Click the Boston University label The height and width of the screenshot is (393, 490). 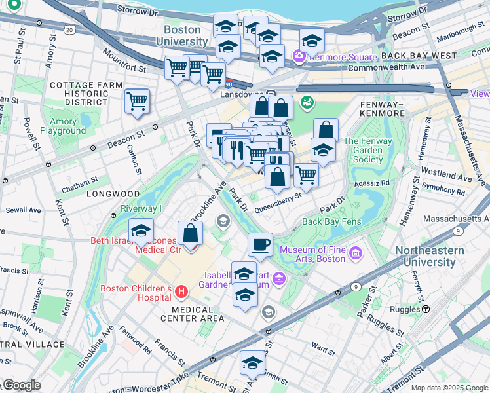pyautogui.click(x=181, y=35)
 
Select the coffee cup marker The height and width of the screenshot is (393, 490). pyautogui.click(x=260, y=245)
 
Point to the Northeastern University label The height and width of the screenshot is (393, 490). pyautogui.click(x=430, y=257)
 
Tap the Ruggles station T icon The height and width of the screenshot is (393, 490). pyautogui.click(x=426, y=309)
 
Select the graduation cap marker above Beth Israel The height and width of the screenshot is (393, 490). pyautogui.click(x=141, y=231)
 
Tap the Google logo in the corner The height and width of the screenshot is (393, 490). pyautogui.click(x=22, y=385)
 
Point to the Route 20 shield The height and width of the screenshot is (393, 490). pyautogui.click(x=69, y=30)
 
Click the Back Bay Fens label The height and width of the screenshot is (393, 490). pyautogui.click(x=331, y=221)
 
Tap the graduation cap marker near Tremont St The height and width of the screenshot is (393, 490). pyautogui.click(x=252, y=363)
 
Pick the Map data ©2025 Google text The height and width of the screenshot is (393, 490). pyautogui.click(x=449, y=388)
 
